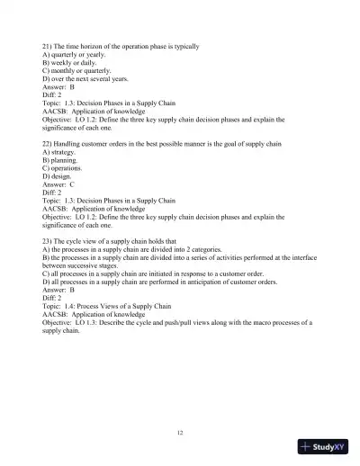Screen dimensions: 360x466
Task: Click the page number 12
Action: coord(181,433)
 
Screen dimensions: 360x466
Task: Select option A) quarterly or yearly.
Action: coord(76,55)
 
